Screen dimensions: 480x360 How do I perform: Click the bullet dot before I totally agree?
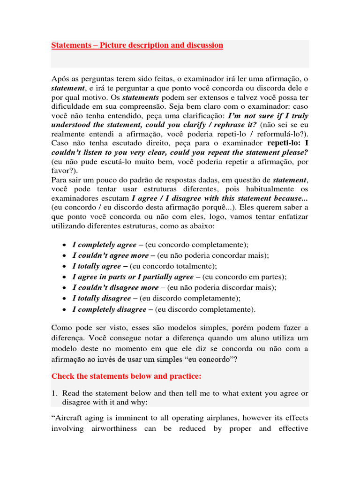tap(64, 267)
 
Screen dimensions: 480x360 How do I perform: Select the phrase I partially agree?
tap(165, 277)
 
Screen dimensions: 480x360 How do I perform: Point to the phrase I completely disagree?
tap(109, 309)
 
